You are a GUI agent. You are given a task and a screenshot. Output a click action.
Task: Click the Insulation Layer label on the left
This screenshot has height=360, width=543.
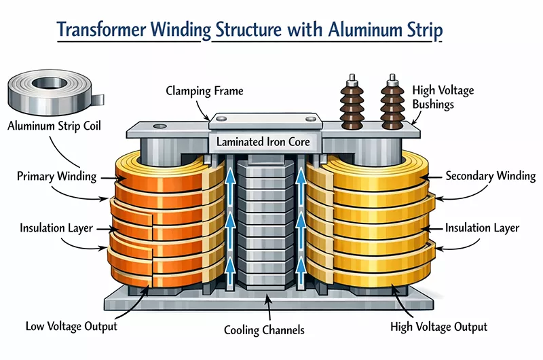tap(56, 228)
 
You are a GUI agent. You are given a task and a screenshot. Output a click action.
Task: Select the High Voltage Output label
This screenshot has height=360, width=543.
tap(439, 327)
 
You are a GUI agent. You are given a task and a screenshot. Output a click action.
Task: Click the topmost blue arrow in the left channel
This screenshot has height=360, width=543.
tap(231, 178)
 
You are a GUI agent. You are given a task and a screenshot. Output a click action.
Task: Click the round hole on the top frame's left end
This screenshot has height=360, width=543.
tap(160, 126)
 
